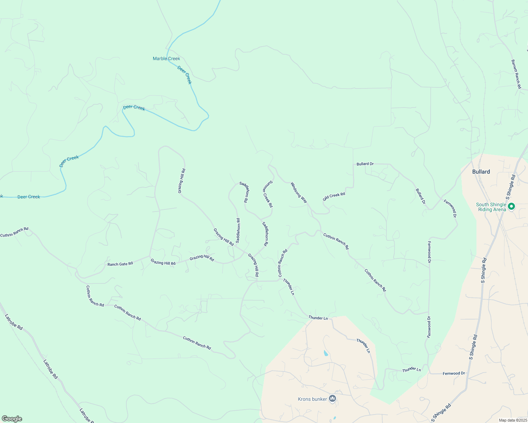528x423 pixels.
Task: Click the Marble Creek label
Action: (166, 59)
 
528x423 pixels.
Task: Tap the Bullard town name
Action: (481, 172)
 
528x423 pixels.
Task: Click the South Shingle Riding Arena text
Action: (491, 207)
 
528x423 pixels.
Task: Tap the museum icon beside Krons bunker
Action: (332, 399)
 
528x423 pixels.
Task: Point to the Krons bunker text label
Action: (312, 399)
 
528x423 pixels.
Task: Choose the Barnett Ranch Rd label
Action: (516, 74)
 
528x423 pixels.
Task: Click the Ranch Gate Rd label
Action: (120, 264)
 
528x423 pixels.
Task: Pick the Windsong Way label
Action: (299, 192)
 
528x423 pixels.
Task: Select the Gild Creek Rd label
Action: (334, 197)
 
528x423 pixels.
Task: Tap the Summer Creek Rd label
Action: (268, 194)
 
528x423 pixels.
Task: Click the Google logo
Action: (12, 419)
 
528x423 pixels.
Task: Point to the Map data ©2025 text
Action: (512, 420)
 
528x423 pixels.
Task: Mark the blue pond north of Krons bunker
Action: (325, 353)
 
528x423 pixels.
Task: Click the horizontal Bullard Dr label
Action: (365, 164)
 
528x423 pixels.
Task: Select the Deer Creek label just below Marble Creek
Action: (185, 75)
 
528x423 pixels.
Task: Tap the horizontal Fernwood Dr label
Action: (454, 373)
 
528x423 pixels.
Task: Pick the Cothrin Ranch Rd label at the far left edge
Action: (14, 232)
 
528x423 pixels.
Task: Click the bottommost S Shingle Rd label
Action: (441, 413)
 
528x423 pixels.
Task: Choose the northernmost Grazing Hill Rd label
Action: (181, 181)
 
